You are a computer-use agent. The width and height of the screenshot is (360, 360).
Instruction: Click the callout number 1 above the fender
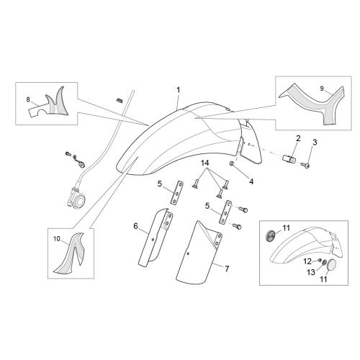tap(179, 90)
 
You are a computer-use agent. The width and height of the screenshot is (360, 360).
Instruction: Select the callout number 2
tap(298, 138)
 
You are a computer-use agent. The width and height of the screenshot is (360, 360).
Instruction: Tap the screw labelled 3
tap(305, 165)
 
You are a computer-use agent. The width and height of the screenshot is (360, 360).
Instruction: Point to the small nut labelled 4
tap(232, 163)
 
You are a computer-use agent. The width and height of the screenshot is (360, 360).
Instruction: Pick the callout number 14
tap(205, 163)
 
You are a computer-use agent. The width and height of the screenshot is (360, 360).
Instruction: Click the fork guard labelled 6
tap(156, 237)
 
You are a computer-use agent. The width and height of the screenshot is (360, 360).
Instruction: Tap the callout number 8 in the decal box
tap(28, 99)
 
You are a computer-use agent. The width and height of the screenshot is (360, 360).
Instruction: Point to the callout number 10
tap(57, 239)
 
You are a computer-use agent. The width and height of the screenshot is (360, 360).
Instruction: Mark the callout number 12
tap(307, 261)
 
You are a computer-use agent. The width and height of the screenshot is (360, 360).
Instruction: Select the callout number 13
tap(311, 272)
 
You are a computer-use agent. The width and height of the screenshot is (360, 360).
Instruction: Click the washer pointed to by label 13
tap(324, 263)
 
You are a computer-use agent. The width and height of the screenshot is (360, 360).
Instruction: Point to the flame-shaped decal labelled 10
tap(70, 253)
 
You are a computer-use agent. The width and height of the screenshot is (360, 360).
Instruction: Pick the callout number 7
tap(227, 269)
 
